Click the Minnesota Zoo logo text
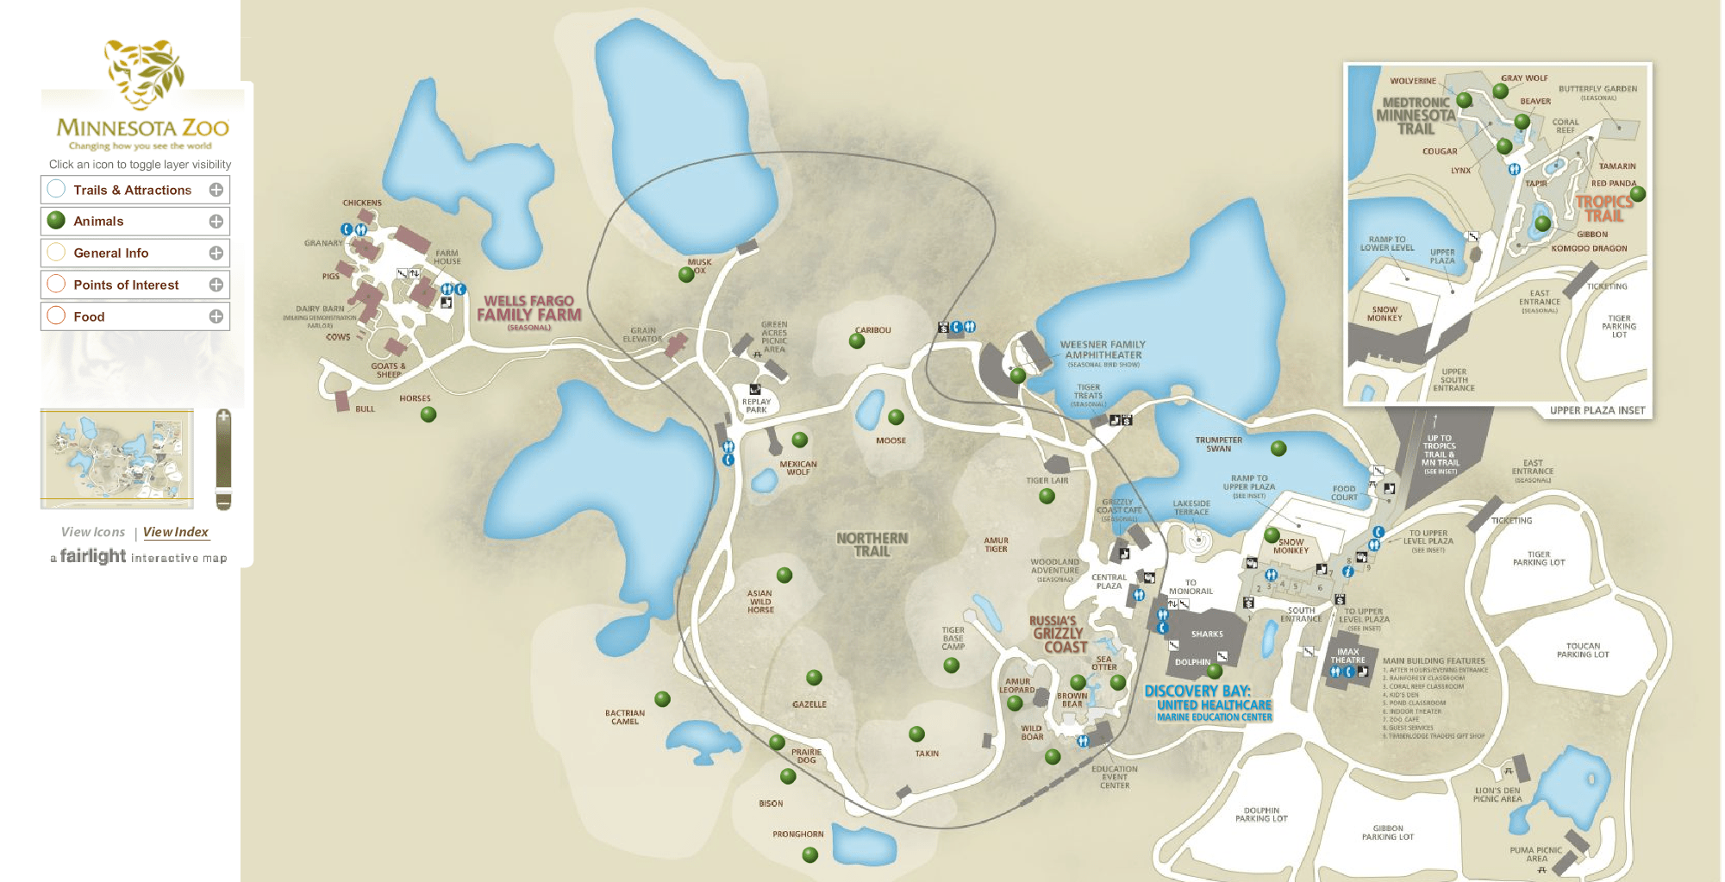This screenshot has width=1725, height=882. pos(142,128)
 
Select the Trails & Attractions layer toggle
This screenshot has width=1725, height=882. pos(132,190)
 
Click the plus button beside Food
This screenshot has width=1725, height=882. pos(216,316)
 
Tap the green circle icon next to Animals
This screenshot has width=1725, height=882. pos(57,221)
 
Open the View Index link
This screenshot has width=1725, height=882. pos(176,532)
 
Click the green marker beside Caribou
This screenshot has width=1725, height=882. pos(857,341)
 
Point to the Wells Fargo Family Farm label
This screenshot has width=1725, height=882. pos(529,309)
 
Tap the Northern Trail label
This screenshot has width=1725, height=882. pos(872,544)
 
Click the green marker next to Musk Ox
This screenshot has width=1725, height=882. pos(686,275)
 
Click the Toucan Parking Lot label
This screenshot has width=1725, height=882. pos(1583,650)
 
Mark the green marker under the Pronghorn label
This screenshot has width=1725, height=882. pos(809,854)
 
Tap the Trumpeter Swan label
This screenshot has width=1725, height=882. pos(1218,444)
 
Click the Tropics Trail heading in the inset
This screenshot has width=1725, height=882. pos(1604,208)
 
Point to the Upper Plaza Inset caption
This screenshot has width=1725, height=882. pos(1597,410)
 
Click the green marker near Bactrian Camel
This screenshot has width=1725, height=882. pos(662,699)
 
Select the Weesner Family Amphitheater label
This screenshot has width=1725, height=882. pos(1103,349)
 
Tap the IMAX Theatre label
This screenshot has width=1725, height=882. pos(1348,656)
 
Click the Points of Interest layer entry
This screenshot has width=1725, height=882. pos(126,285)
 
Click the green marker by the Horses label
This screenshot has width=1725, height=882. pos(428,415)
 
